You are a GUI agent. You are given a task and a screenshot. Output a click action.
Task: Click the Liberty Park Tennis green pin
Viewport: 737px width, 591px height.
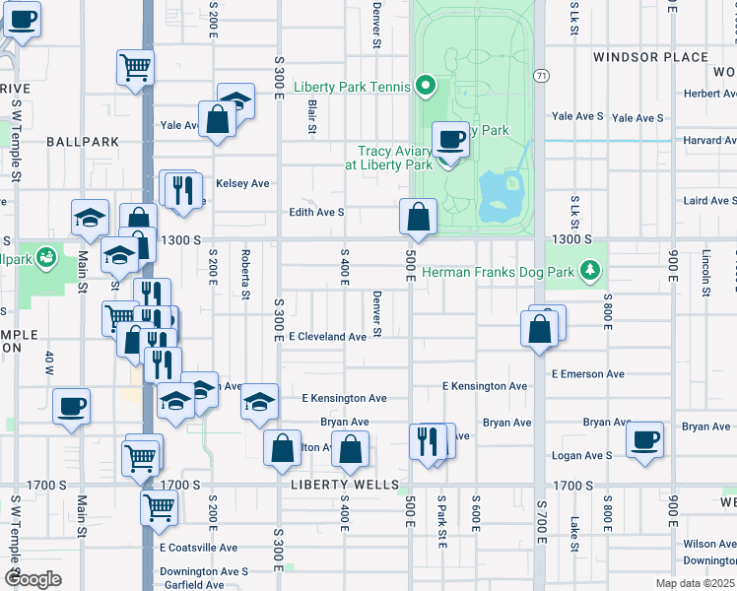point(426,87)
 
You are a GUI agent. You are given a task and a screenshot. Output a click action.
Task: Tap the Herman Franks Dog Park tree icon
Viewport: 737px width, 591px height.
point(590,270)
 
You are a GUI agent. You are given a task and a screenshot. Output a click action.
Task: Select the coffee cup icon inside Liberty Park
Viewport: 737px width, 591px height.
point(451,139)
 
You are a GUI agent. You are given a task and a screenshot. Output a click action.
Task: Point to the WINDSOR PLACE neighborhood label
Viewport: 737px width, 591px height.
point(651,57)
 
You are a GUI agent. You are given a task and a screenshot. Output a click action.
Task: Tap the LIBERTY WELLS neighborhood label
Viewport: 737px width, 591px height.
point(346,485)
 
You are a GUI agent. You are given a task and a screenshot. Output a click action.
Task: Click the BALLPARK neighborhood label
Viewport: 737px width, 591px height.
point(83,142)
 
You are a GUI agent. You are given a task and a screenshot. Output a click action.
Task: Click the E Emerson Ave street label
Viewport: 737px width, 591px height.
point(588,374)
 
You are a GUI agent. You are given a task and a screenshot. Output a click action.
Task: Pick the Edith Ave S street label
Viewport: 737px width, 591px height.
point(316,212)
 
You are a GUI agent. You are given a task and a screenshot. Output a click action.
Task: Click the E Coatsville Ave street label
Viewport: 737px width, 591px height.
point(198,548)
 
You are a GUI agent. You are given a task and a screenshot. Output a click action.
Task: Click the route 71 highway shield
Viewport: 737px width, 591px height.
point(541,75)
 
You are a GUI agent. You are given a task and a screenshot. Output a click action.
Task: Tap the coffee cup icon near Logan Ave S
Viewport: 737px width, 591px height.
point(644,439)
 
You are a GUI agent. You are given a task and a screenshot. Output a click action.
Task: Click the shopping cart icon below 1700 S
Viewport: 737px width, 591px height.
point(159,507)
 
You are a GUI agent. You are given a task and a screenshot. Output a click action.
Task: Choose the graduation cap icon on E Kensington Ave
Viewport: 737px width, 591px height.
point(259,401)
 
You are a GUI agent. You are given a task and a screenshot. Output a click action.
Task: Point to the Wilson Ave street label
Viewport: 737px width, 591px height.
point(708,544)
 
